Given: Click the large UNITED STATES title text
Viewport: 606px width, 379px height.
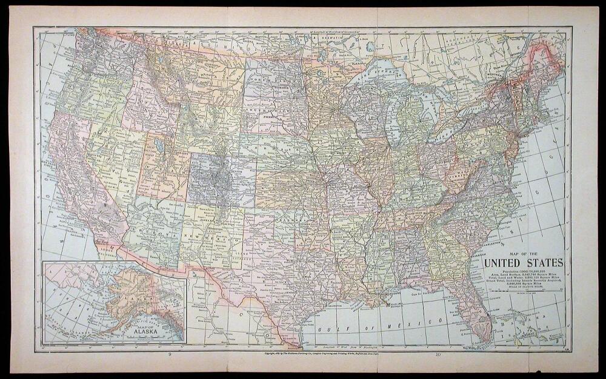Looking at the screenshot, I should (x=523, y=263).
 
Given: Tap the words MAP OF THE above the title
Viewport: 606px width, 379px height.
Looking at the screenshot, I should (x=524, y=253).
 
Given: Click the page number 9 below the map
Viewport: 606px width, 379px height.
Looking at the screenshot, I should (x=170, y=353).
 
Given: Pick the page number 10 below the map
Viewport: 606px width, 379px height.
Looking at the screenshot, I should (x=438, y=353).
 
